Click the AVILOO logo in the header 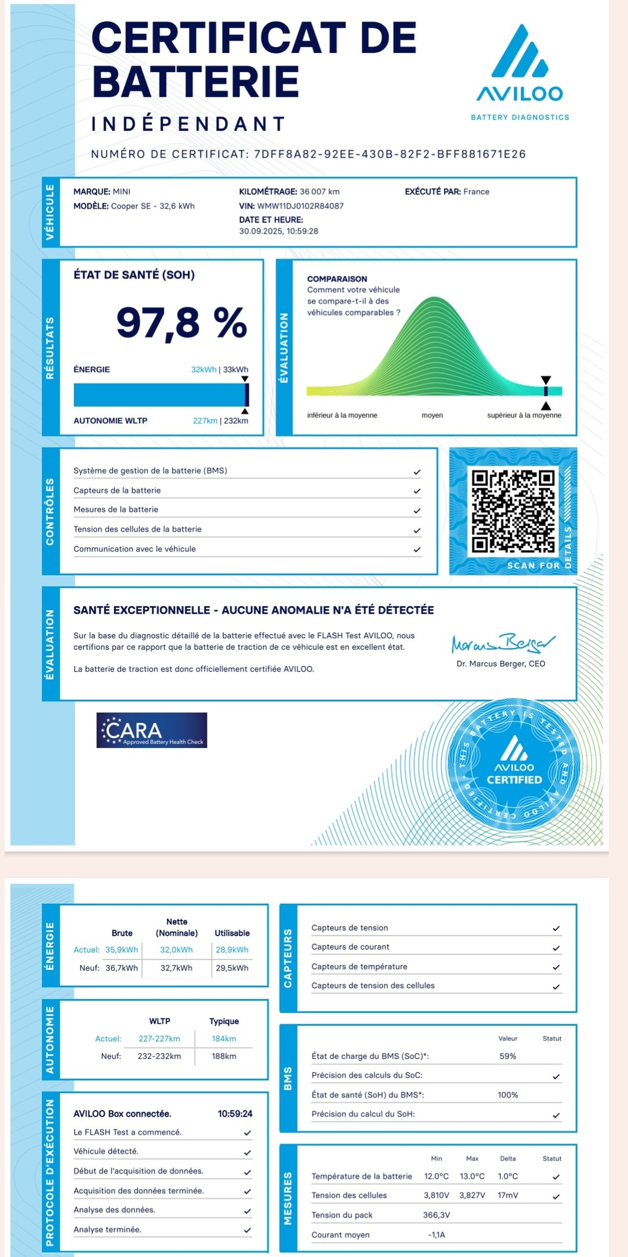(520, 65)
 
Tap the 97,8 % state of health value (181, 322)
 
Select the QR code (513, 512)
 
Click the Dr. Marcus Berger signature (502, 643)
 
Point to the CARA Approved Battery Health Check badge (152, 730)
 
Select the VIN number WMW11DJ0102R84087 (300, 206)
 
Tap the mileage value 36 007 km (319, 191)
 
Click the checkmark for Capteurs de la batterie (417, 491)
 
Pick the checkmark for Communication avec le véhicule (417, 550)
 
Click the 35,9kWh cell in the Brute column (121, 949)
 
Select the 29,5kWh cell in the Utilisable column (232, 968)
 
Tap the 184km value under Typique (224, 1038)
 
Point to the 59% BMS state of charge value (508, 1056)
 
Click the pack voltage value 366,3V (436, 1215)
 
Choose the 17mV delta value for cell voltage (508, 1195)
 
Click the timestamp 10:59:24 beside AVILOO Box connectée (235, 1114)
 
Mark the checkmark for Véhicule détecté (248, 1152)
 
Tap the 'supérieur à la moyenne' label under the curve (524, 415)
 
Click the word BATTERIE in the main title (195, 82)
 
